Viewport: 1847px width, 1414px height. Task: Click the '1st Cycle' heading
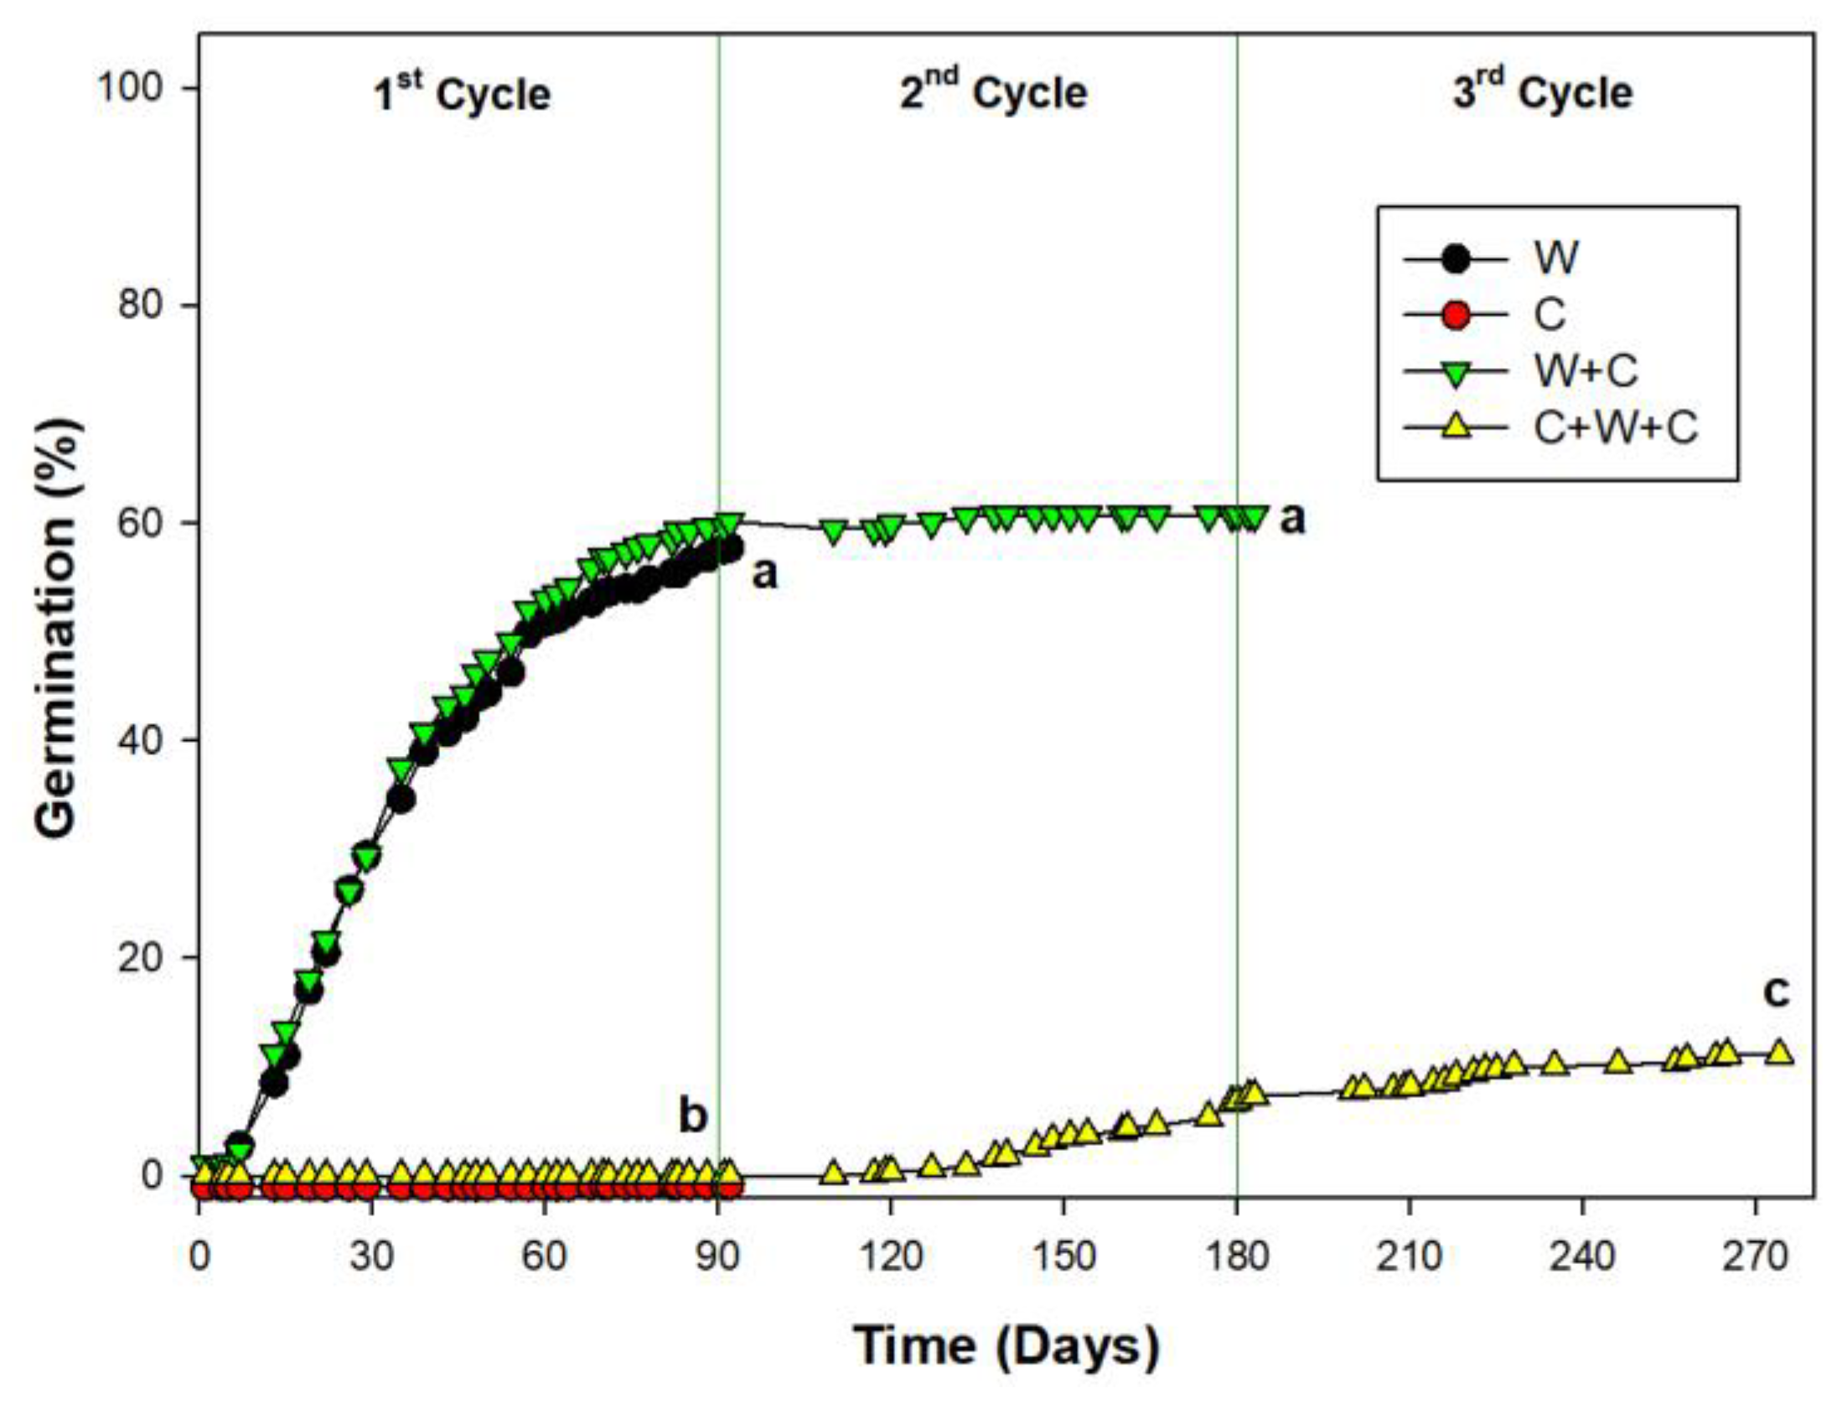coord(462,94)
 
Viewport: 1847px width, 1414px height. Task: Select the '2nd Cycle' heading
coord(993,92)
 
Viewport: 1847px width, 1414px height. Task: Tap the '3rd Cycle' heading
coord(1543,92)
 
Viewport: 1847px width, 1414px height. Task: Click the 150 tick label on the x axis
coord(1063,1257)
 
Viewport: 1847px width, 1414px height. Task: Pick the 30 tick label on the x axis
coord(371,1257)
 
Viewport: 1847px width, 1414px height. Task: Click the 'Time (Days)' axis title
coord(1006,1345)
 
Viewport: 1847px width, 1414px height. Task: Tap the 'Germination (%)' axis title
coord(57,628)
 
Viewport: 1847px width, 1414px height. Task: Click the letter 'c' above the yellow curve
coord(1776,993)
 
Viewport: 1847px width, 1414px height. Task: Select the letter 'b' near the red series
coord(692,1116)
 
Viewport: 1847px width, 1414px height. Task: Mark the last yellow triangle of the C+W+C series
coord(1779,1053)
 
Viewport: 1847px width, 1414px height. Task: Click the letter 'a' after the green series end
coord(1292,520)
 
